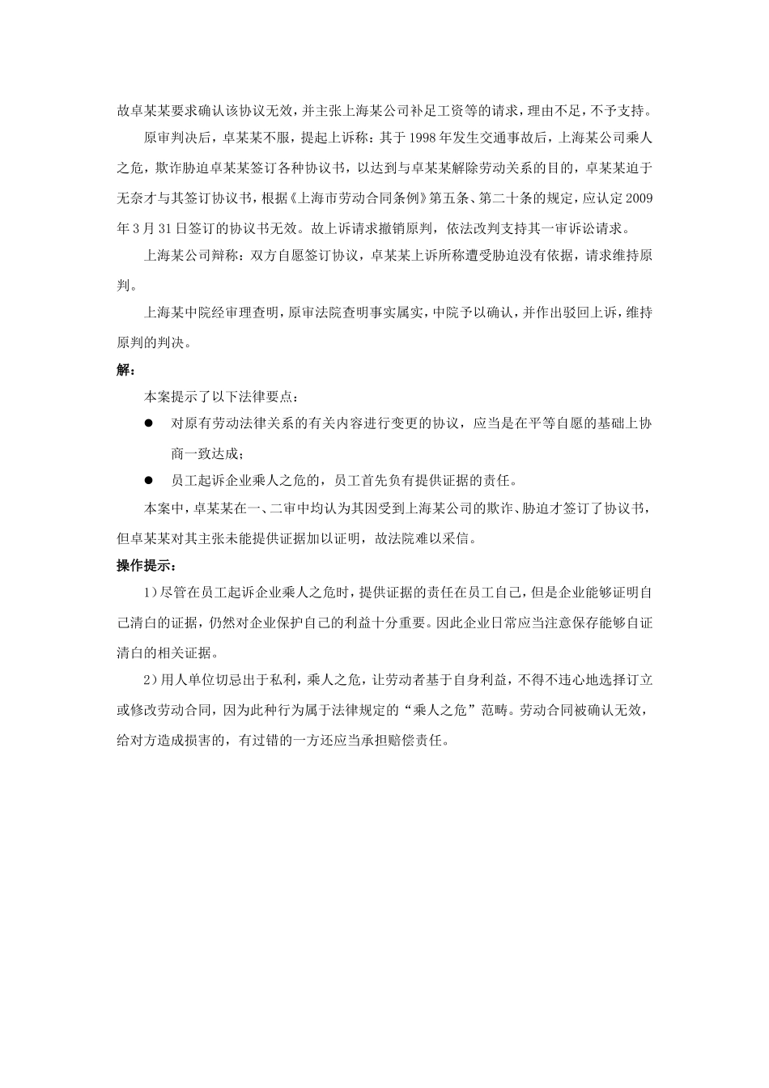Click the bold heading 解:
(x=126, y=370)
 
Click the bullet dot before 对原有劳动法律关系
(x=149, y=423)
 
